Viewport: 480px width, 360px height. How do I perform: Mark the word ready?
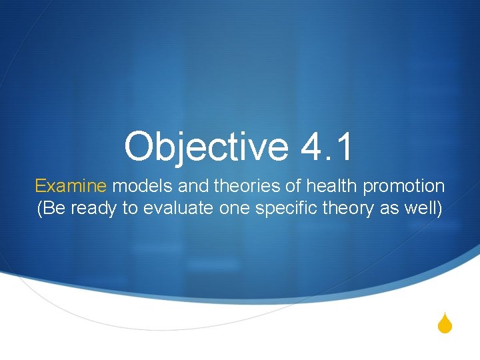coord(91,209)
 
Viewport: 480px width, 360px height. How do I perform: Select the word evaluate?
coord(171,209)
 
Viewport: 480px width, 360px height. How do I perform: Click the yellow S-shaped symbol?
coord(446,325)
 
